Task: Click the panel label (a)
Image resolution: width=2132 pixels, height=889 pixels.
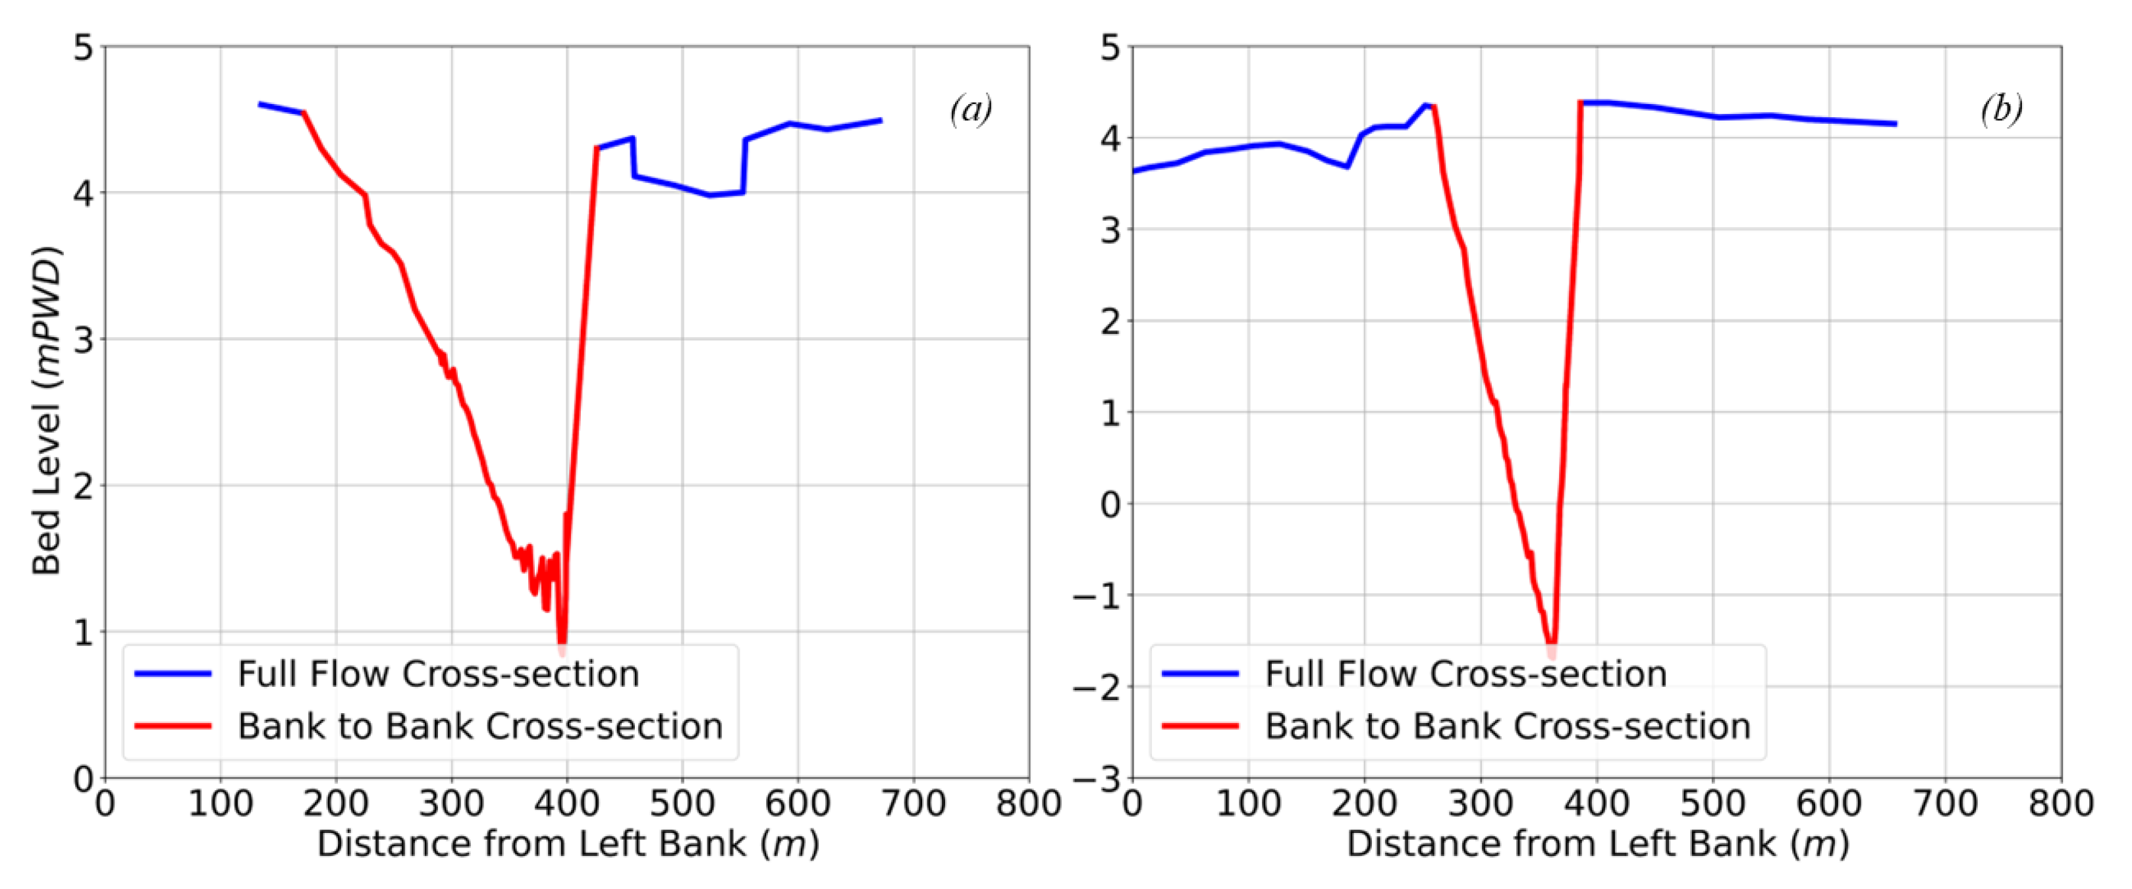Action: click(x=971, y=110)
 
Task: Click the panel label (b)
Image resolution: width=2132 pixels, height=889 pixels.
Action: click(x=2001, y=110)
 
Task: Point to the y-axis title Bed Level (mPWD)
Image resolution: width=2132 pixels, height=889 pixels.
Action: click(x=47, y=410)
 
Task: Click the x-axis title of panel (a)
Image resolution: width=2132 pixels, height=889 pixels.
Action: click(x=568, y=844)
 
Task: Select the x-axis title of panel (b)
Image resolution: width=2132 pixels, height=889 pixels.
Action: click(x=1597, y=844)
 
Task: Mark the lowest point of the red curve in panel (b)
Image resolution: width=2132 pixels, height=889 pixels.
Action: click(x=1551, y=648)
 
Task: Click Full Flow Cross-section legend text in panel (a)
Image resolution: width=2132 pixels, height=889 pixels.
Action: click(x=439, y=674)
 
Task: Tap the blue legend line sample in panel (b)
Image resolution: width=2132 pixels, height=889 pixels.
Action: click(x=1200, y=674)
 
